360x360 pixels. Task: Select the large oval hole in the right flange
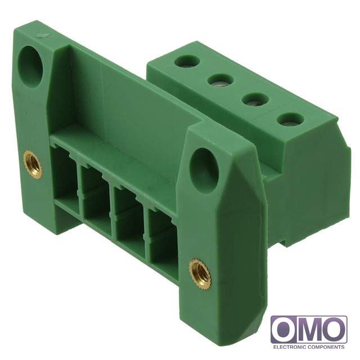tap(204, 171)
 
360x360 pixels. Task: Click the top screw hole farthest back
tap(187, 61)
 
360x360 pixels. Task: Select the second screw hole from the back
tap(220, 80)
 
